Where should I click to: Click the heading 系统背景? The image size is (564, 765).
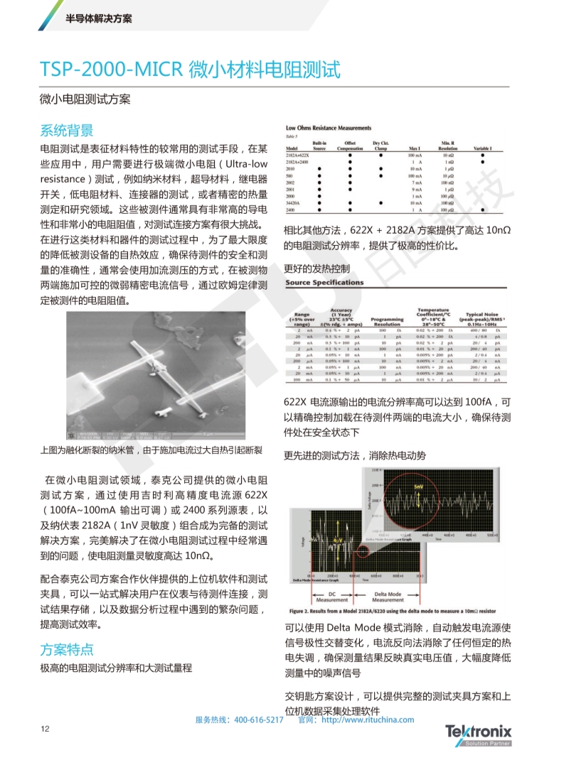click(x=66, y=130)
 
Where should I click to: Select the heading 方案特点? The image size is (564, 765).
click(x=66, y=648)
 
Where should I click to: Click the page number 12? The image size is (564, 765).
click(x=45, y=728)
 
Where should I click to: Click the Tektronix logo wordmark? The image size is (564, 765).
click(x=478, y=730)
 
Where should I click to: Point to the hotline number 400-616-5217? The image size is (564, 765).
click(x=258, y=720)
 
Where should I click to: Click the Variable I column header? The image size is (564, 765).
click(x=483, y=148)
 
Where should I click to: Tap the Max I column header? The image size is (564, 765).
click(x=415, y=148)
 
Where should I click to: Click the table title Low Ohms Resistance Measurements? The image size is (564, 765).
click(x=328, y=129)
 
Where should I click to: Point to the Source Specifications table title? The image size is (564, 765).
click(x=324, y=283)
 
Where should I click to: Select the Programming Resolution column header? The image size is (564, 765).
click(x=387, y=321)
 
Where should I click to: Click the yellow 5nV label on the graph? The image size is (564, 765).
click(x=417, y=486)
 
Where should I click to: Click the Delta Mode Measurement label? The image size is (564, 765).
click(x=388, y=597)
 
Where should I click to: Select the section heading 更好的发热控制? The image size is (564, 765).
click(x=316, y=268)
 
